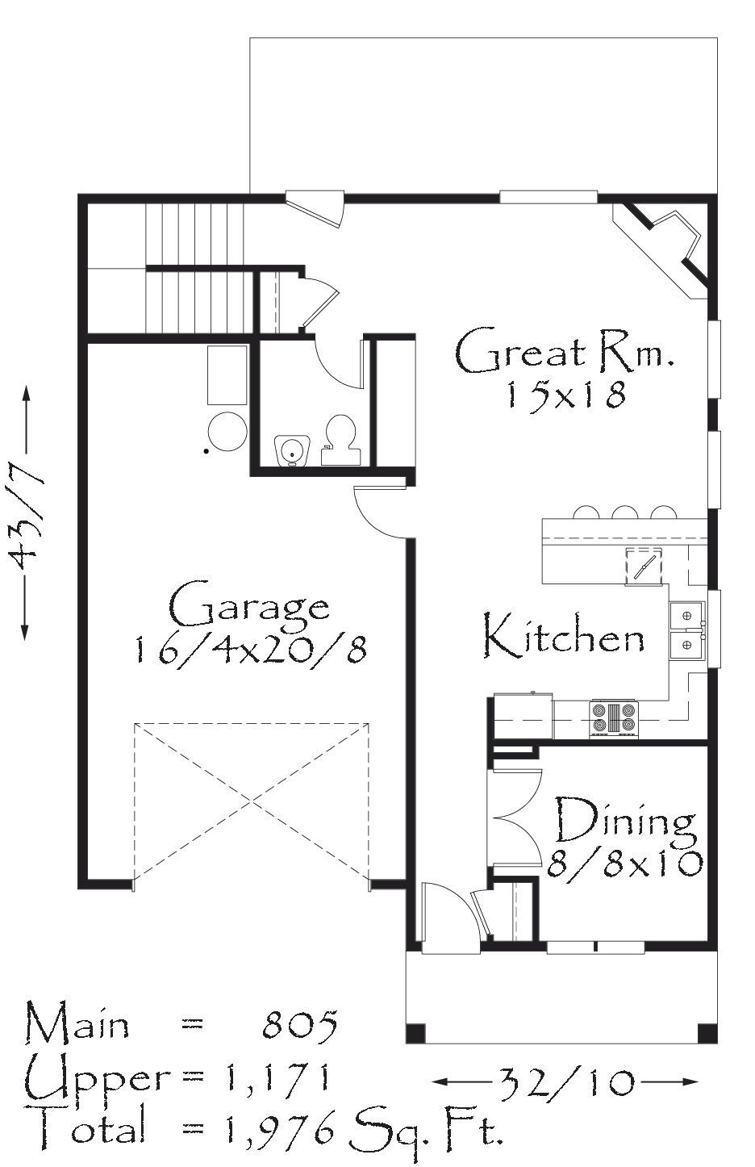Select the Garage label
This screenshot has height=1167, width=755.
pos(249,608)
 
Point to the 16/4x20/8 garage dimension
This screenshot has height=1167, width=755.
pos(250,650)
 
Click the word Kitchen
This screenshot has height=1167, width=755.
pos(564,636)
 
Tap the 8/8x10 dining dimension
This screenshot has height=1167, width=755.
pos(625,864)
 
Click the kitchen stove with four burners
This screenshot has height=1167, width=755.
pos(614,719)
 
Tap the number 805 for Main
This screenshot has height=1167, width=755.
pos(300,1025)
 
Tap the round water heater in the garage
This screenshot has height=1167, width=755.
pos(227,432)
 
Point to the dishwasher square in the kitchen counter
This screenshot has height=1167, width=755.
pos(644,566)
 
